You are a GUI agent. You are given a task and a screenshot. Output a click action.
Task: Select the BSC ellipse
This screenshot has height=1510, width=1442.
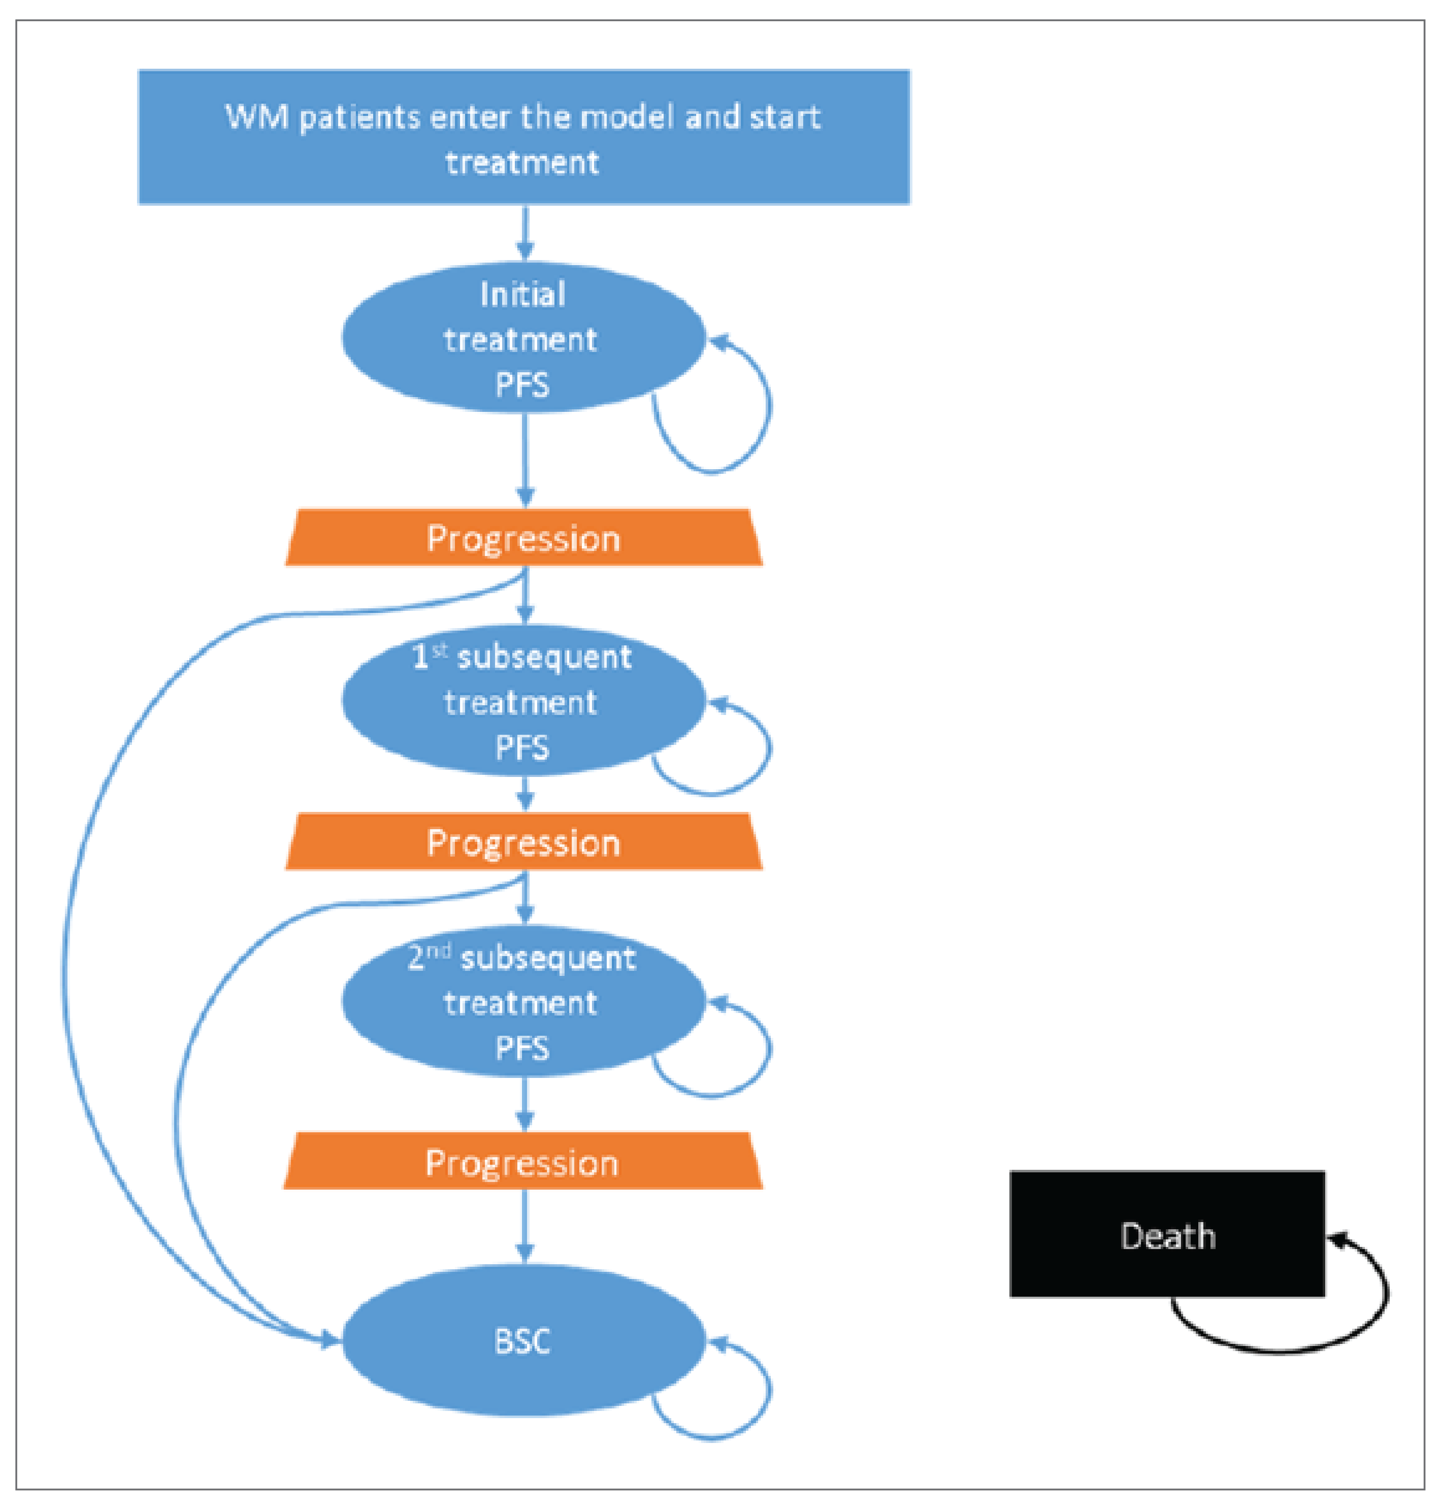point(523,1341)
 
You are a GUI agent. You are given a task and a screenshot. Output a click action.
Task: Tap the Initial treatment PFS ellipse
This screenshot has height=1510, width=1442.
point(523,338)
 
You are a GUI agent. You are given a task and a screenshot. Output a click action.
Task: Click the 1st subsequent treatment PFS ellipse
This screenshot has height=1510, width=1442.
point(523,701)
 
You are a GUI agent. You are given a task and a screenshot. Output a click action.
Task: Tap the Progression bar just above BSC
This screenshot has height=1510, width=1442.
point(523,1162)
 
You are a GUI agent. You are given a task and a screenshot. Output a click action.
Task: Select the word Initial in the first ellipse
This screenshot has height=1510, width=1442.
point(523,294)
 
